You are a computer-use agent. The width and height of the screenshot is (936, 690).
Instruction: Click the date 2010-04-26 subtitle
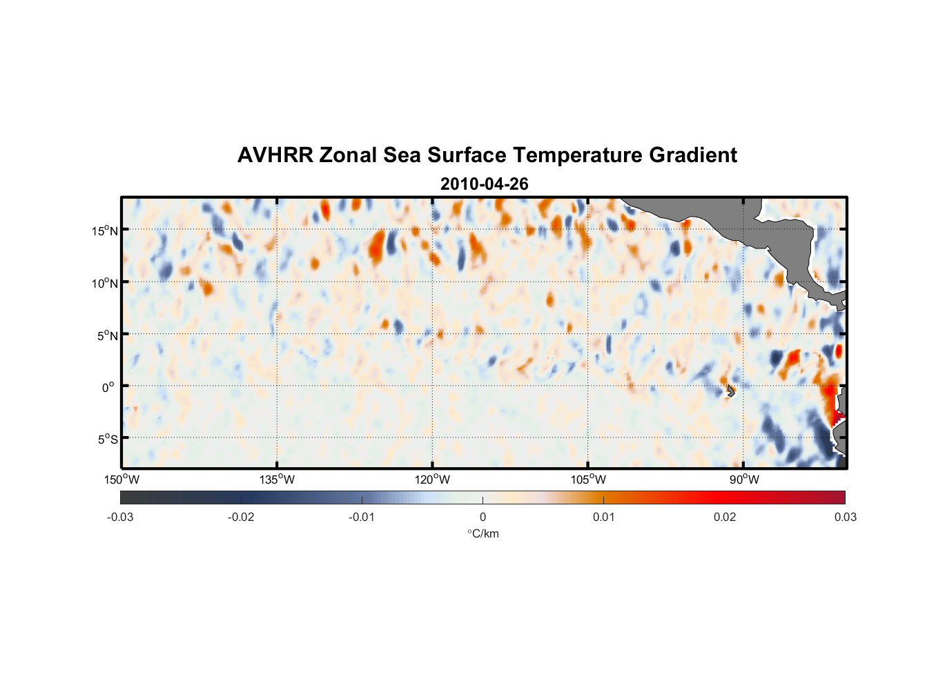(484, 184)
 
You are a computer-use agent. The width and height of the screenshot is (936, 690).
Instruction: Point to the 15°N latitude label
(105, 230)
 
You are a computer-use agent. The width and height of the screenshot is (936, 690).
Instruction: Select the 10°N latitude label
(105, 283)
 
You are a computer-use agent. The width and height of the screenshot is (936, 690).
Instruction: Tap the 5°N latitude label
(107, 335)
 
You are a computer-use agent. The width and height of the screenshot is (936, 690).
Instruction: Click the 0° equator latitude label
(108, 387)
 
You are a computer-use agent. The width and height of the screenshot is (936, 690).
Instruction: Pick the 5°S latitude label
(107, 440)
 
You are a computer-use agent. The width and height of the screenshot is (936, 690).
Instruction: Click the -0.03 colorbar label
(120, 517)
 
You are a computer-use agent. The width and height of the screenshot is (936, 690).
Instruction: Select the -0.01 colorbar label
(362, 517)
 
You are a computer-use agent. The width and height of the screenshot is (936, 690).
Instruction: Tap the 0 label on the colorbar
(482, 517)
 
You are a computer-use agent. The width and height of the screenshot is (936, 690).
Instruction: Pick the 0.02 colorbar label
(725, 517)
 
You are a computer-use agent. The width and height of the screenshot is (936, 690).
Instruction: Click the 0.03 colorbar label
(845, 517)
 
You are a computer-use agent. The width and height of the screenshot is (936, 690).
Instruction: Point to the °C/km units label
(482, 534)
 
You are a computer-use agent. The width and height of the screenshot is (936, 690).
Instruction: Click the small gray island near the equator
(730, 391)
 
